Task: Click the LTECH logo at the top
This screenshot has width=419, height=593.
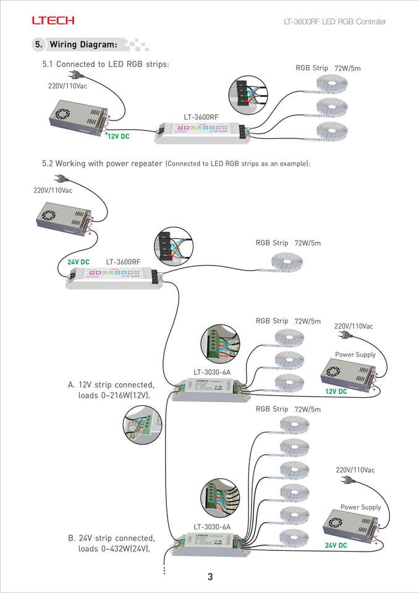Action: tap(53, 21)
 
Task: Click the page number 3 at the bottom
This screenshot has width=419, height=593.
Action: tap(210, 577)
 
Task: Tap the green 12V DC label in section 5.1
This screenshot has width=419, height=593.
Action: tap(118, 137)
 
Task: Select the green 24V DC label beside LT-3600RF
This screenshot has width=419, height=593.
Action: tap(78, 262)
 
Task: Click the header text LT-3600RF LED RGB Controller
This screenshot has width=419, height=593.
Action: tap(335, 22)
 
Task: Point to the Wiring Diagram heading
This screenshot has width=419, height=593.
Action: tap(83, 44)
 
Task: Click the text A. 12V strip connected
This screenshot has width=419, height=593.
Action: tap(111, 385)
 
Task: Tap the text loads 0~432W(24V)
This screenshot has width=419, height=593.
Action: tap(114, 549)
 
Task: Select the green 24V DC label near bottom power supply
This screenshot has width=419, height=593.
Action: tap(336, 545)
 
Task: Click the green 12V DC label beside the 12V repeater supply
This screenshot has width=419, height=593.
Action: tap(336, 392)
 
